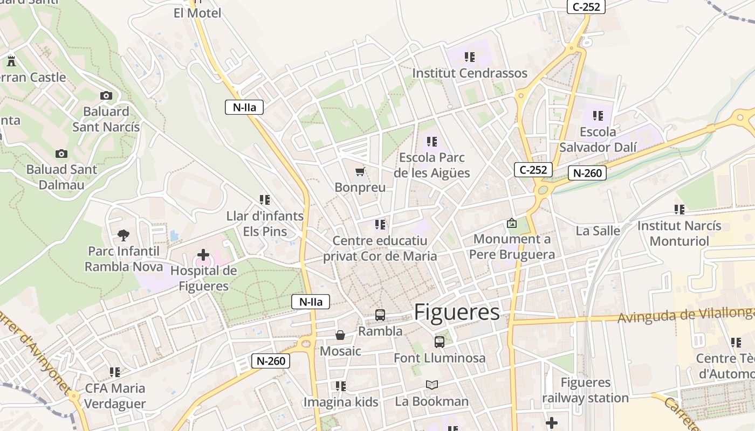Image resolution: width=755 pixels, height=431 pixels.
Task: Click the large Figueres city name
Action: coord(457,312)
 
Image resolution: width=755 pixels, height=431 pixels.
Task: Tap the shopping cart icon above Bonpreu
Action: coord(360,172)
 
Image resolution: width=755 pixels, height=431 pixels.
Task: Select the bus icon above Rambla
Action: coord(380,315)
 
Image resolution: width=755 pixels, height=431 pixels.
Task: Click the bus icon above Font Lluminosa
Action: coord(440,342)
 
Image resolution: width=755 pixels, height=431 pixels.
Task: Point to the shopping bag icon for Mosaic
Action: coord(340,335)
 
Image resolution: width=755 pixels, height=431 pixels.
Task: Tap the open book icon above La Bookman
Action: coord(431,385)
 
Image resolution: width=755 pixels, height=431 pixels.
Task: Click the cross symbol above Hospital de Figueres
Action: coord(203,254)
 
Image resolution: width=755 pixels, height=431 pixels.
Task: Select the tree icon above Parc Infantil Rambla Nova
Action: coord(123,235)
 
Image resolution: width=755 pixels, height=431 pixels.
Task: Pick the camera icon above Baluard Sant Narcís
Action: coord(106,96)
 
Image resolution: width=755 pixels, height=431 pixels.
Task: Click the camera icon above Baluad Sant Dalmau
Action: coord(61,154)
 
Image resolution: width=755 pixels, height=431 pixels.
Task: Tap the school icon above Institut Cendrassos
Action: coord(470,57)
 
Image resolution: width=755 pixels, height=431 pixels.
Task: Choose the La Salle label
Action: coord(598,231)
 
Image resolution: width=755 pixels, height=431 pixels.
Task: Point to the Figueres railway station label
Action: coord(585,391)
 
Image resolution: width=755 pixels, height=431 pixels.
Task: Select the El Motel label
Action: coord(197,13)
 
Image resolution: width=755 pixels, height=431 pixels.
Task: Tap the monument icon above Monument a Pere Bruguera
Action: coord(511,223)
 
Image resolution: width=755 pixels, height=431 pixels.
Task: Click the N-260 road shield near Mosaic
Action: coord(271,361)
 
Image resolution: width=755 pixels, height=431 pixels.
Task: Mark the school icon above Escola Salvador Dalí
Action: coord(598,115)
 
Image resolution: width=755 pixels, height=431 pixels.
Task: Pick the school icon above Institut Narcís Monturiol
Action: coord(679,209)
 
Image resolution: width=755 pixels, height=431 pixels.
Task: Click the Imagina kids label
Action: coord(341,402)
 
